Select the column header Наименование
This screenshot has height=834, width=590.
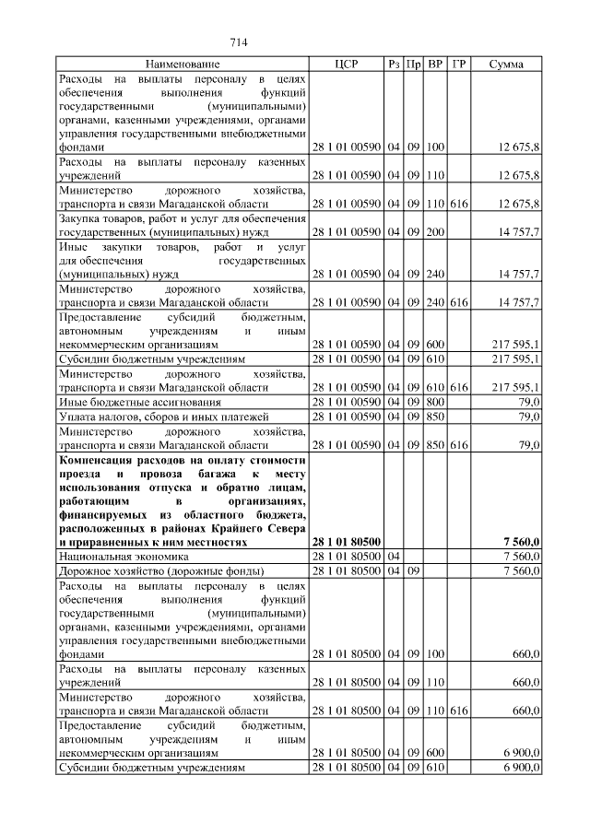pyautogui.click(x=183, y=65)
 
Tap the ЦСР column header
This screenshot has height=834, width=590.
pyautogui.click(x=346, y=65)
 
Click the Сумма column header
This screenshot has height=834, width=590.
pyautogui.click(x=506, y=65)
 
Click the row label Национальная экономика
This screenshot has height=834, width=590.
pyautogui.click(x=124, y=557)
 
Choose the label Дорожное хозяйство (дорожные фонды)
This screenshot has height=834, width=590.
pyautogui.click(x=155, y=571)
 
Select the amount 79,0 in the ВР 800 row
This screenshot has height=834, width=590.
pyautogui.click(x=529, y=403)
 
